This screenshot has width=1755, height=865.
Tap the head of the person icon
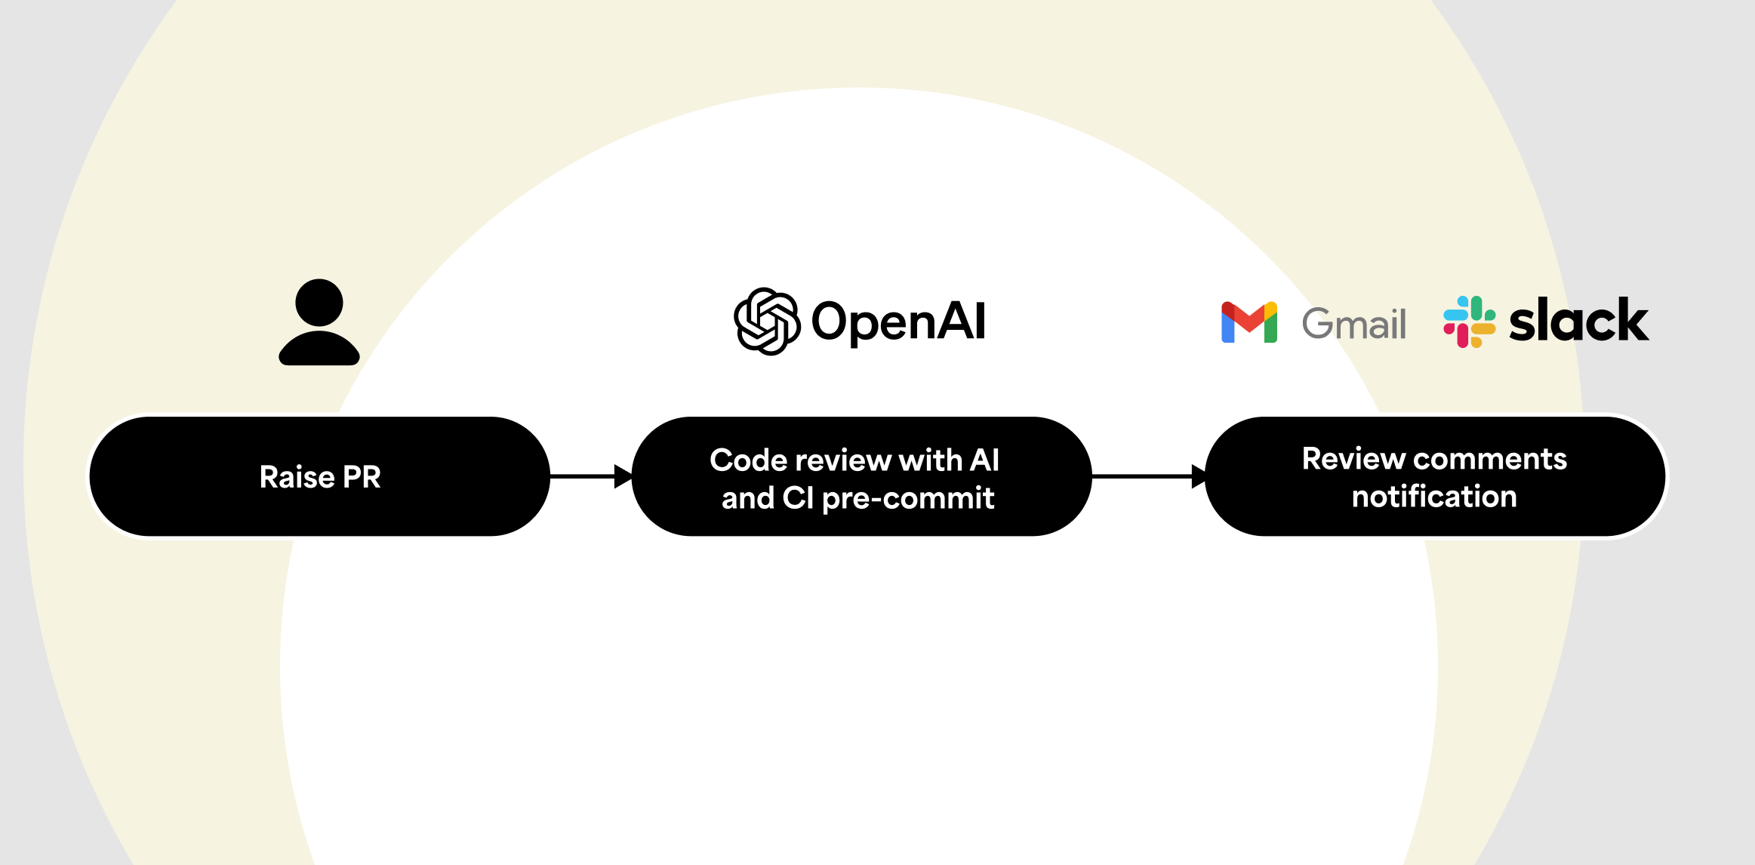tap(319, 303)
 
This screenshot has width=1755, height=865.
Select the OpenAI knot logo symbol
tap(767, 322)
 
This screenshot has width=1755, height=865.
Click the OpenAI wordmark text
tap(898, 322)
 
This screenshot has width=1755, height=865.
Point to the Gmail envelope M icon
tap(1249, 322)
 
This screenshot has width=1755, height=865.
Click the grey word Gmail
tap(1354, 325)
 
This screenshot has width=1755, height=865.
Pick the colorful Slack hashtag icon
tap(1469, 322)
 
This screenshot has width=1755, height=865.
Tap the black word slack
tap(1578, 321)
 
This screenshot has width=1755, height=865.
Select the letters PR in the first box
tap(362, 477)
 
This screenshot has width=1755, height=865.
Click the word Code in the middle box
tap(748, 460)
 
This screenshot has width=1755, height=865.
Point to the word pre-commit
tap(908, 499)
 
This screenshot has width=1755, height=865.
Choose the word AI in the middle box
tap(984, 460)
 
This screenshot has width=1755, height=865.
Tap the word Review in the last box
tap(1353, 459)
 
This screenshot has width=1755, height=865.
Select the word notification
tap(1434, 497)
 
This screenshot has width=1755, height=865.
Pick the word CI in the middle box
tap(798, 498)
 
